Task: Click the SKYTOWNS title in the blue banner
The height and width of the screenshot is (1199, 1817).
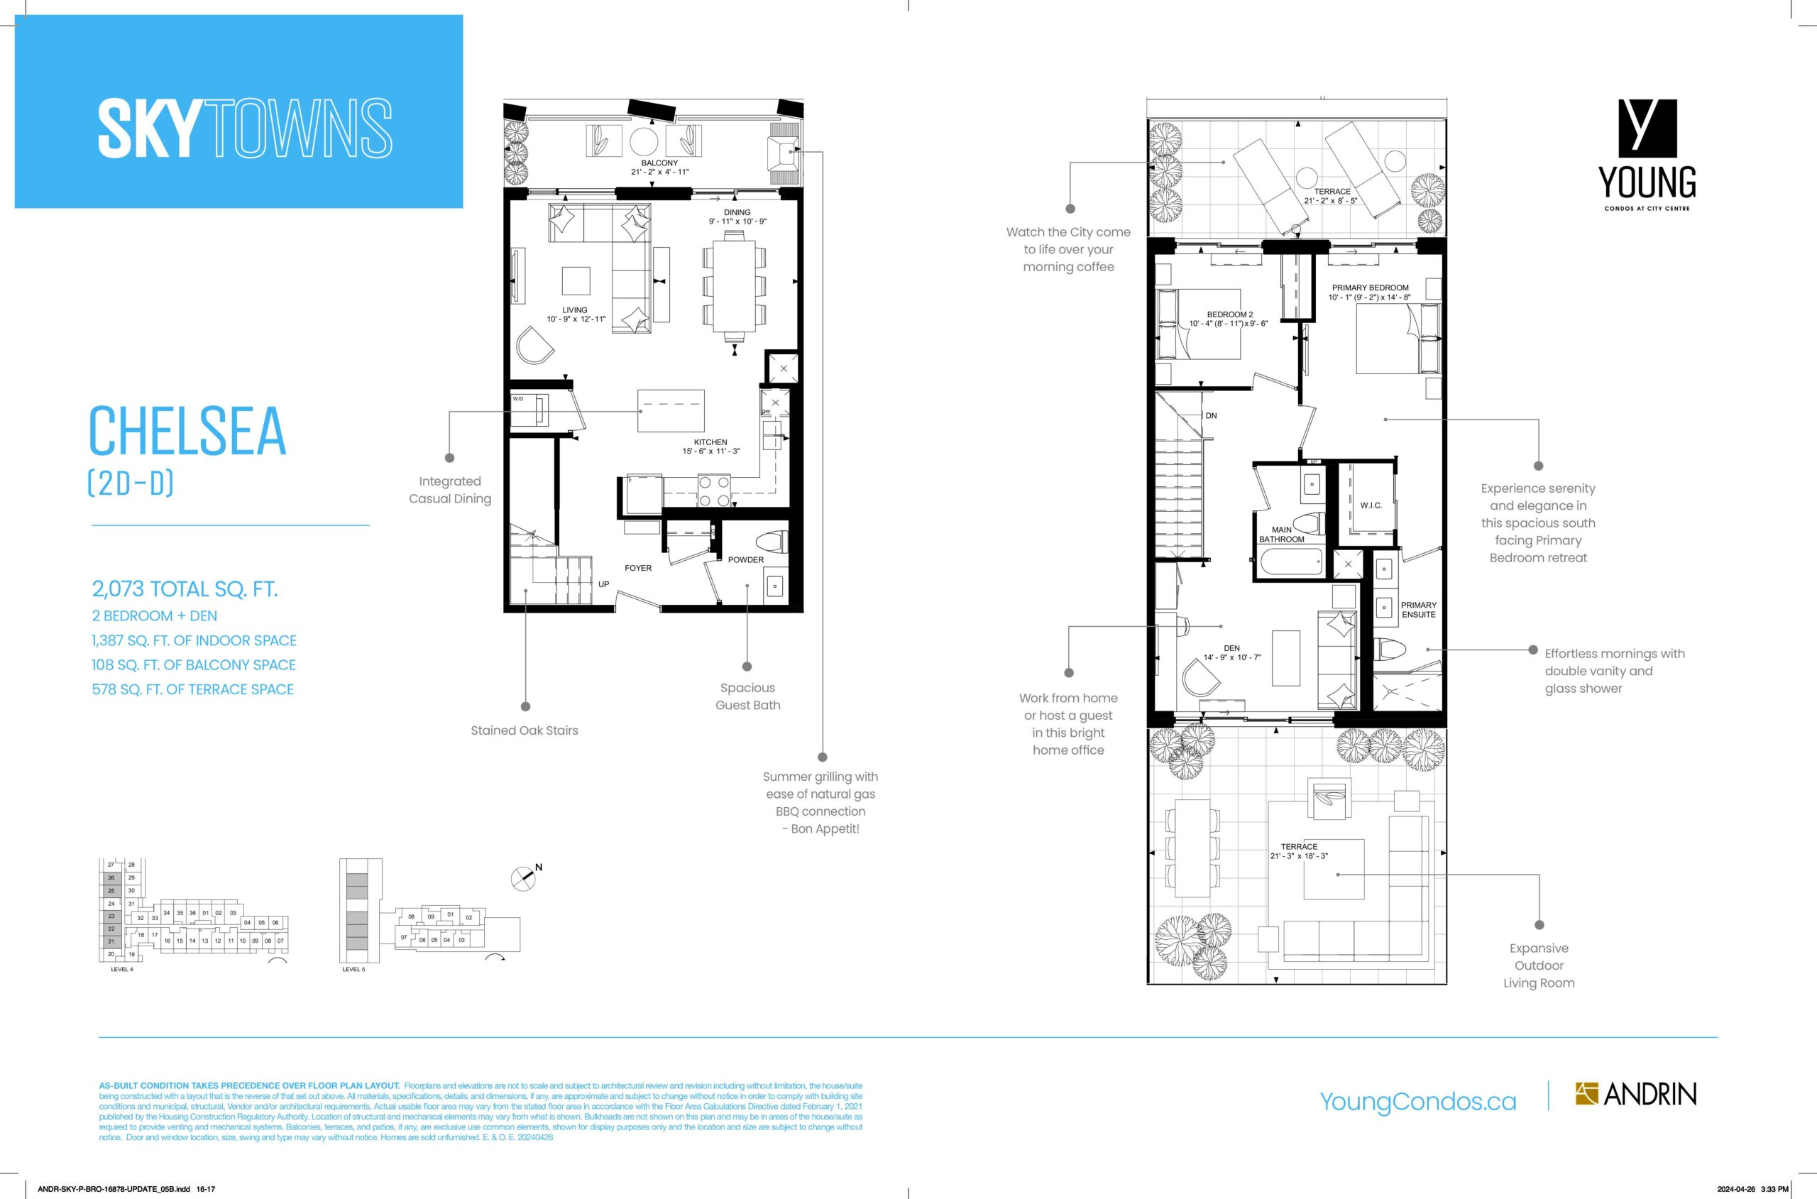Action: point(245,128)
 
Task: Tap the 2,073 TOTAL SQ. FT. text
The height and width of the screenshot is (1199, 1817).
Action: point(185,588)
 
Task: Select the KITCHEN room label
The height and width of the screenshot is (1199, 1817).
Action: point(710,442)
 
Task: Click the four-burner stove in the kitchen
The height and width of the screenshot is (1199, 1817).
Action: point(714,491)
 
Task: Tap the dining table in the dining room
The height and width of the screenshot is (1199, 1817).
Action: point(734,287)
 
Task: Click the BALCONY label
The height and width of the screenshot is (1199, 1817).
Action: point(659,163)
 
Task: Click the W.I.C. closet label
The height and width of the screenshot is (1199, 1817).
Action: point(1371,505)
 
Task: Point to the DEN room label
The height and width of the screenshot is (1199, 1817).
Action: point(1231,648)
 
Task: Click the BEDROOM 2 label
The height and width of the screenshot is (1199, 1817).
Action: point(1230,314)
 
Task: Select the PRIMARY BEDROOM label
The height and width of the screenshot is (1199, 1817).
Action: point(1370,288)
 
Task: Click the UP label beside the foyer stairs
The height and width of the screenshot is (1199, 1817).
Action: point(604,584)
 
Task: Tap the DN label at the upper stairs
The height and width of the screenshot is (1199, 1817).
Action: point(1211,416)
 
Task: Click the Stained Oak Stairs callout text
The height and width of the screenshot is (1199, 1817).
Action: point(525,730)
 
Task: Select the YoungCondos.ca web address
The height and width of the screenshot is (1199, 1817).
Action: point(1418,1101)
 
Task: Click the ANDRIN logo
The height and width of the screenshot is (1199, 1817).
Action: point(1635,1094)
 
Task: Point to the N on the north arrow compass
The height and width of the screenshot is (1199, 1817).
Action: point(539,867)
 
